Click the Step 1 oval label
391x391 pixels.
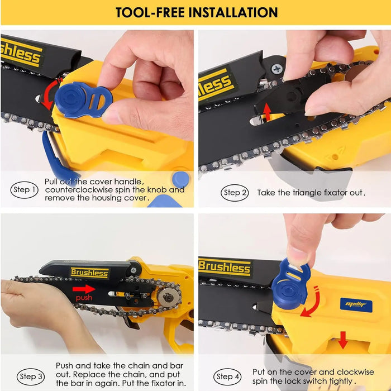pos(24,190)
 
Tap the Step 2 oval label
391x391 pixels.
pos(235,193)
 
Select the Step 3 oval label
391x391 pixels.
pos(31,376)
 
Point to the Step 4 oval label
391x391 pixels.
pos(227,376)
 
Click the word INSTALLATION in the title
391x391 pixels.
pos(233,12)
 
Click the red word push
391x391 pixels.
pos(84,298)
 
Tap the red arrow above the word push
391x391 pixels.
pos(84,289)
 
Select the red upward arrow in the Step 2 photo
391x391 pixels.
pos(267,112)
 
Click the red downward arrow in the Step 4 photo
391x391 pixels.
pos(343,340)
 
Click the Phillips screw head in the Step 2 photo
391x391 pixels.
pos(277,69)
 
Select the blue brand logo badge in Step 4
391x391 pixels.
pos(356,305)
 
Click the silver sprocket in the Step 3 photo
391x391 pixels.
pos(169,297)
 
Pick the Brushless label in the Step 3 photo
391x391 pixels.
pos(89,273)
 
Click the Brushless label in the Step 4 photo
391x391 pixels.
pos(225,268)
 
